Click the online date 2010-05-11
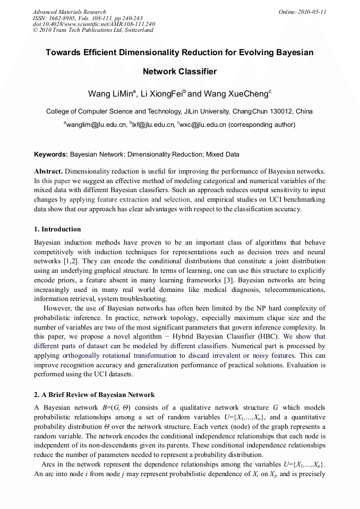(312, 12)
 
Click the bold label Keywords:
(51, 154)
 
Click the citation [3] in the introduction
(228, 279)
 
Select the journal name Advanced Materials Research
(69, 12)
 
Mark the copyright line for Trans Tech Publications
(93, 30)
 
